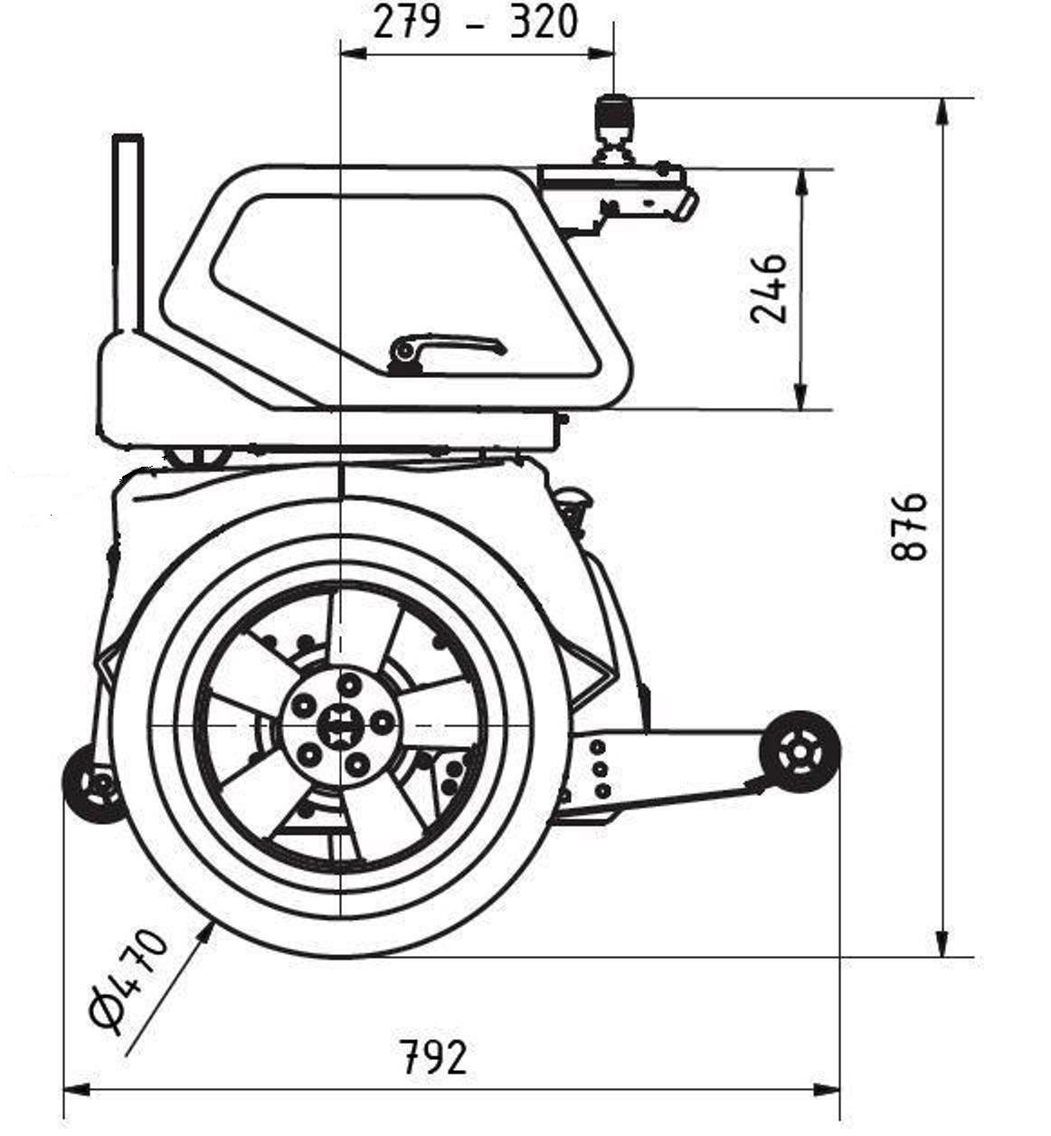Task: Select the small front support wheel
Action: tap(800, 751)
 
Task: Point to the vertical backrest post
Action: tap(128, 235)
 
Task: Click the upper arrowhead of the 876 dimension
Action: tap(942, 110)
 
